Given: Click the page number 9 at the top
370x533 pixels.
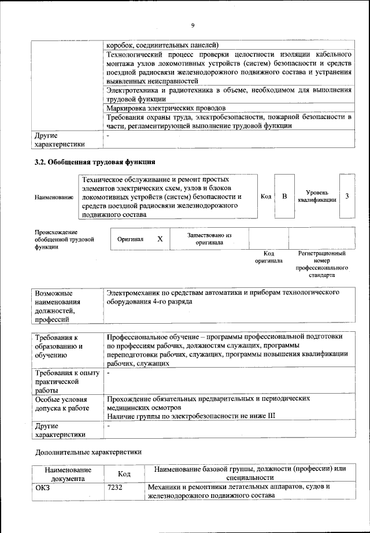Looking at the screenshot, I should point(193,24).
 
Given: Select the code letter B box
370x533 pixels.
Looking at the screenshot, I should point(284,197).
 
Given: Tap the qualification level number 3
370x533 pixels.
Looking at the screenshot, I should point(347,197).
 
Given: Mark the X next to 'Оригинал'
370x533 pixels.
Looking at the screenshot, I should point(160,238).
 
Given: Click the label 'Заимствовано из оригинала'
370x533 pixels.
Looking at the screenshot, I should point(209,239).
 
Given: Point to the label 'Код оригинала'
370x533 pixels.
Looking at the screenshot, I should point(268,257).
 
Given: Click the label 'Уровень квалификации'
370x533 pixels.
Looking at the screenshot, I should point(317,197).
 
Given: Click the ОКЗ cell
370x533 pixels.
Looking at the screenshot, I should point(44,487).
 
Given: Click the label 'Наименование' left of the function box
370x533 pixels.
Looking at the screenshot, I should point(54,197).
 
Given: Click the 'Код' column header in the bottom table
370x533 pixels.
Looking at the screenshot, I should point(123,473).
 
